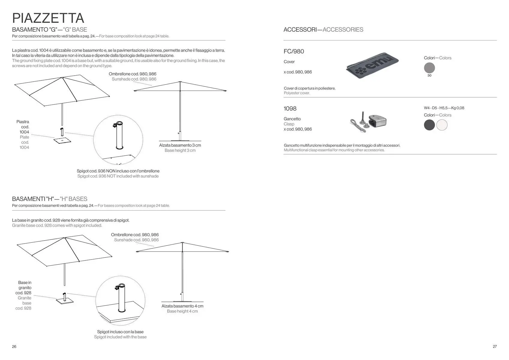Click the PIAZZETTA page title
tap(48, 18)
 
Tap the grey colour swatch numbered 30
tap(429, 68)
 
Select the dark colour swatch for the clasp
tap(429, 125)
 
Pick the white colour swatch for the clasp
tap(442, 125)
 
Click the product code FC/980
tap(294, 51)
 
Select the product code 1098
tap(290, 109)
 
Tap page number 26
tap(14, 346)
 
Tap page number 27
tap(495, 346)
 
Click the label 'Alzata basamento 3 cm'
tap(180, 145)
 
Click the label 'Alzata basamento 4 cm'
tap(182, 306)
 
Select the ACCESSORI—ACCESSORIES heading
tap(323, 30)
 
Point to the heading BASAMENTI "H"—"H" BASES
tap(49, 199)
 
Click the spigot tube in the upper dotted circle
tap(119, 136)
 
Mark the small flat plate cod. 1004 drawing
tap(62, 140)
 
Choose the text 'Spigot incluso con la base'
tap(120, 332)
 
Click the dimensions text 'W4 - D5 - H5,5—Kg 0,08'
tap(444, 108)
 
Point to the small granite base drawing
tap(64, 301)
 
